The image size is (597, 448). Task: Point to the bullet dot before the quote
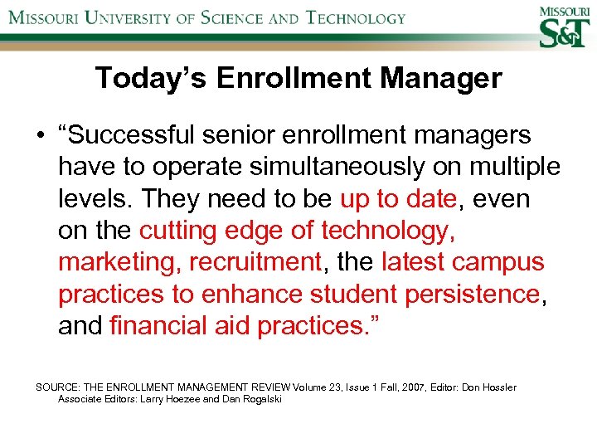(x=39, y=135)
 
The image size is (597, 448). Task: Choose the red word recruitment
(x=255, y=263)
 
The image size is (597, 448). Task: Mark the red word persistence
(x=480, y=295)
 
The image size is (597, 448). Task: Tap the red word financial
(x=153, y=326)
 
